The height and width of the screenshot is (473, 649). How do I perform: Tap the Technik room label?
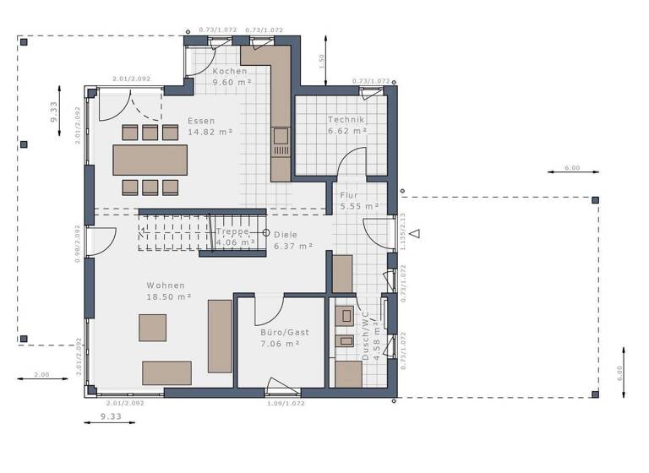pos(346,120)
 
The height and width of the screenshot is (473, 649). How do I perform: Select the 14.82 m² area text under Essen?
pos(210,133)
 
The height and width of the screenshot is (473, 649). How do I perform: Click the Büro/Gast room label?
pos(284,332)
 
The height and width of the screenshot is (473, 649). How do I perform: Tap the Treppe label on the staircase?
pos(234,231)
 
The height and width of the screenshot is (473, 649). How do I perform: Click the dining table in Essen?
pos(150,160)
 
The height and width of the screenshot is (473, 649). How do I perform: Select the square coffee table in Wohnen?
pos(153,327)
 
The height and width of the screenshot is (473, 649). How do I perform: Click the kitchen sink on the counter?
pos(280,136)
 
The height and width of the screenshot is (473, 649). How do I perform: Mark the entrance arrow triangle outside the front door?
pos(414,233)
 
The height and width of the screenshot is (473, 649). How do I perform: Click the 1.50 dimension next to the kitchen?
pos(321,60)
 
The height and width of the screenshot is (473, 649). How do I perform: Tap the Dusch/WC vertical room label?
pos(366,337)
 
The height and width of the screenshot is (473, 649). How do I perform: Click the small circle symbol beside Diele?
pos(265,232)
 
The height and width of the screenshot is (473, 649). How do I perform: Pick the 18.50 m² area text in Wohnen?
pos(168,297)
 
